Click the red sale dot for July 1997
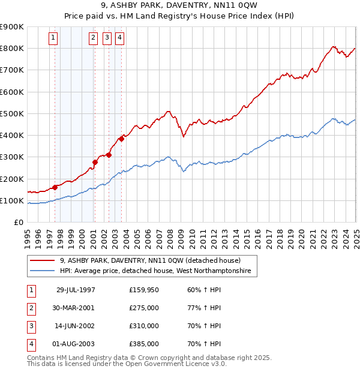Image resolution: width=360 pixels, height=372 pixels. tap(55, 187)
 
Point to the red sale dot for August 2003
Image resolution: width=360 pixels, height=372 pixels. tap(121, 139)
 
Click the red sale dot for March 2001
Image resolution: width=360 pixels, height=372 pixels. tap(95, 162)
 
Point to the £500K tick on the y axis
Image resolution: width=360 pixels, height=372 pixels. tap(13, 113)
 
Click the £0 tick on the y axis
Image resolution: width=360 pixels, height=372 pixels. tap(18, 223)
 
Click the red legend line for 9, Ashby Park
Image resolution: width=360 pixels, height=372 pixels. tap(43, 260)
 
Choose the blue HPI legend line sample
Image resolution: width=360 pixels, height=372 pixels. tap(43, 271)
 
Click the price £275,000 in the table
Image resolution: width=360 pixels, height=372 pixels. tap(144, 308)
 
